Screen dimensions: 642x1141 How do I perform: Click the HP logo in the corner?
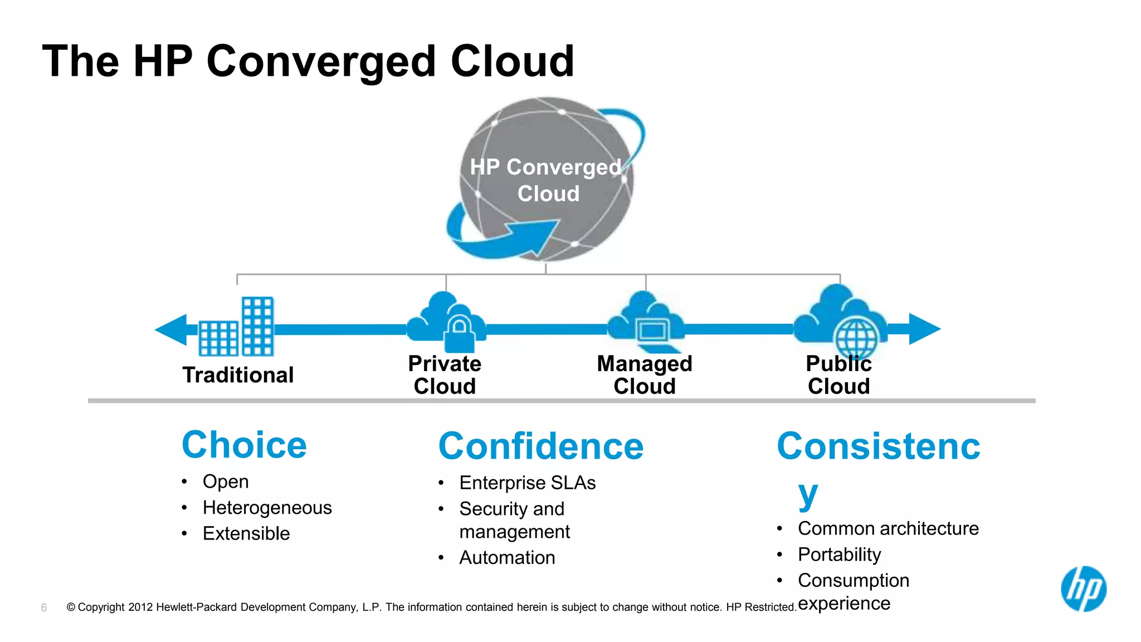pos(1083,589)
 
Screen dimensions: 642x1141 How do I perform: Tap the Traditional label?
pos(238,375)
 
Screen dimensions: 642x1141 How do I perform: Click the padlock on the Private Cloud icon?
pos(459,333)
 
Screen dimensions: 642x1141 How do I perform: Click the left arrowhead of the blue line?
pos(172,329)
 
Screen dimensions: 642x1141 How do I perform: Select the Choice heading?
pos(244,445)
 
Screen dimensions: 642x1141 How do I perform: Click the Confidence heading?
pos(540,446)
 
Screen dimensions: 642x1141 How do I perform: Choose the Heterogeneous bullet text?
pos(267,508)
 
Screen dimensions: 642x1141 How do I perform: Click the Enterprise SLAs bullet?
pos(527,483)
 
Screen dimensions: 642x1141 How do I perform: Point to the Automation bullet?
pos(507,557)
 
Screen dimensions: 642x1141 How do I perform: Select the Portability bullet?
pos(839,555)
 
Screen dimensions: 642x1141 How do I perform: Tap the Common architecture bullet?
pos(888,528)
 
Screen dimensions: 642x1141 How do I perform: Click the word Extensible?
pos(246,533)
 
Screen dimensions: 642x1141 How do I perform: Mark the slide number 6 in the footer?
pos(44,607)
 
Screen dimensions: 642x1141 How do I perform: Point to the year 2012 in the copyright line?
pos(140,607)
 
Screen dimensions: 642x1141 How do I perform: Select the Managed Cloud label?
pos(645,375)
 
